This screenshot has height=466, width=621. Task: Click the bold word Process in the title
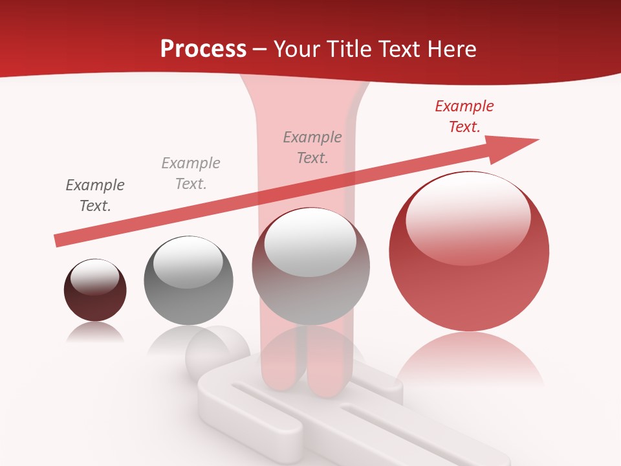[203, 49]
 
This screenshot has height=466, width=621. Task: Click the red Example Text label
[464, 116]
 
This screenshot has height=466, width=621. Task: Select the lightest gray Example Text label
[191, 173]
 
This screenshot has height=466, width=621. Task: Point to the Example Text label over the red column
[312, 147]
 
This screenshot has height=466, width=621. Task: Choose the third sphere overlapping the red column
[311, 285]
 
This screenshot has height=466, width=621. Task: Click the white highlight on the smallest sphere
[94, 277]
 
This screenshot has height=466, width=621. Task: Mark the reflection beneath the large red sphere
[469, 359]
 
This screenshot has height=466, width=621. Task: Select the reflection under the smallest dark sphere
[95, 331]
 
